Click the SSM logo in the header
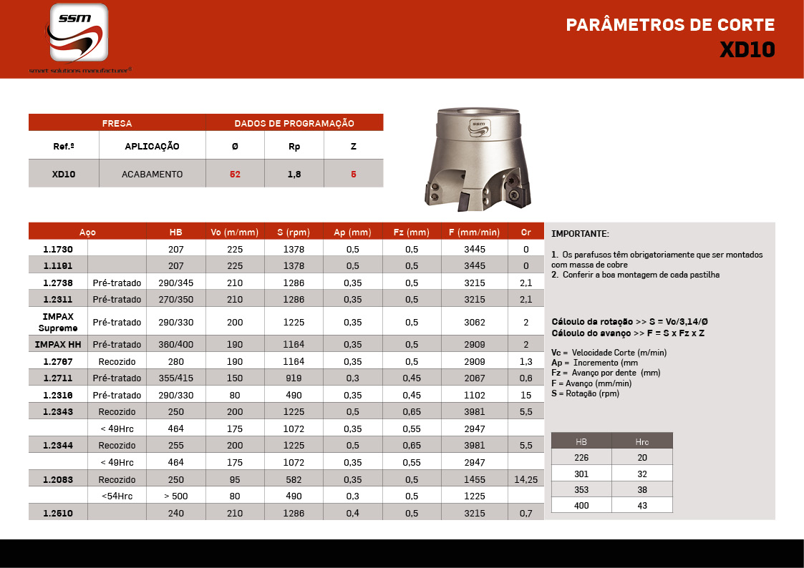point(79,34)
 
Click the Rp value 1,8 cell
point(294,174)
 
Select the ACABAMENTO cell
point(152,174)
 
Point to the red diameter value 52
point(235,174)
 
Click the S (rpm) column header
point(294,232)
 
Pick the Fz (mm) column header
point(412,232)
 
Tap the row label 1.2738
point(57,283)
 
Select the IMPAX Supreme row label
point(57,322)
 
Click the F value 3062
point(475,322)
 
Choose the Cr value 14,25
point(526,479)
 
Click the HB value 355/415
point(176,378)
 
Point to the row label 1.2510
point(57,513)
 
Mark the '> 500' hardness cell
point(176,496)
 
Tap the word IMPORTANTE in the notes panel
point(580,234)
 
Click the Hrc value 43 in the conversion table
point(641,505)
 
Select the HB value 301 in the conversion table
point(581,474)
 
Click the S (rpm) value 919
point(294,378)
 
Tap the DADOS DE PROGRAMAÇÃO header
point(294,123)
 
